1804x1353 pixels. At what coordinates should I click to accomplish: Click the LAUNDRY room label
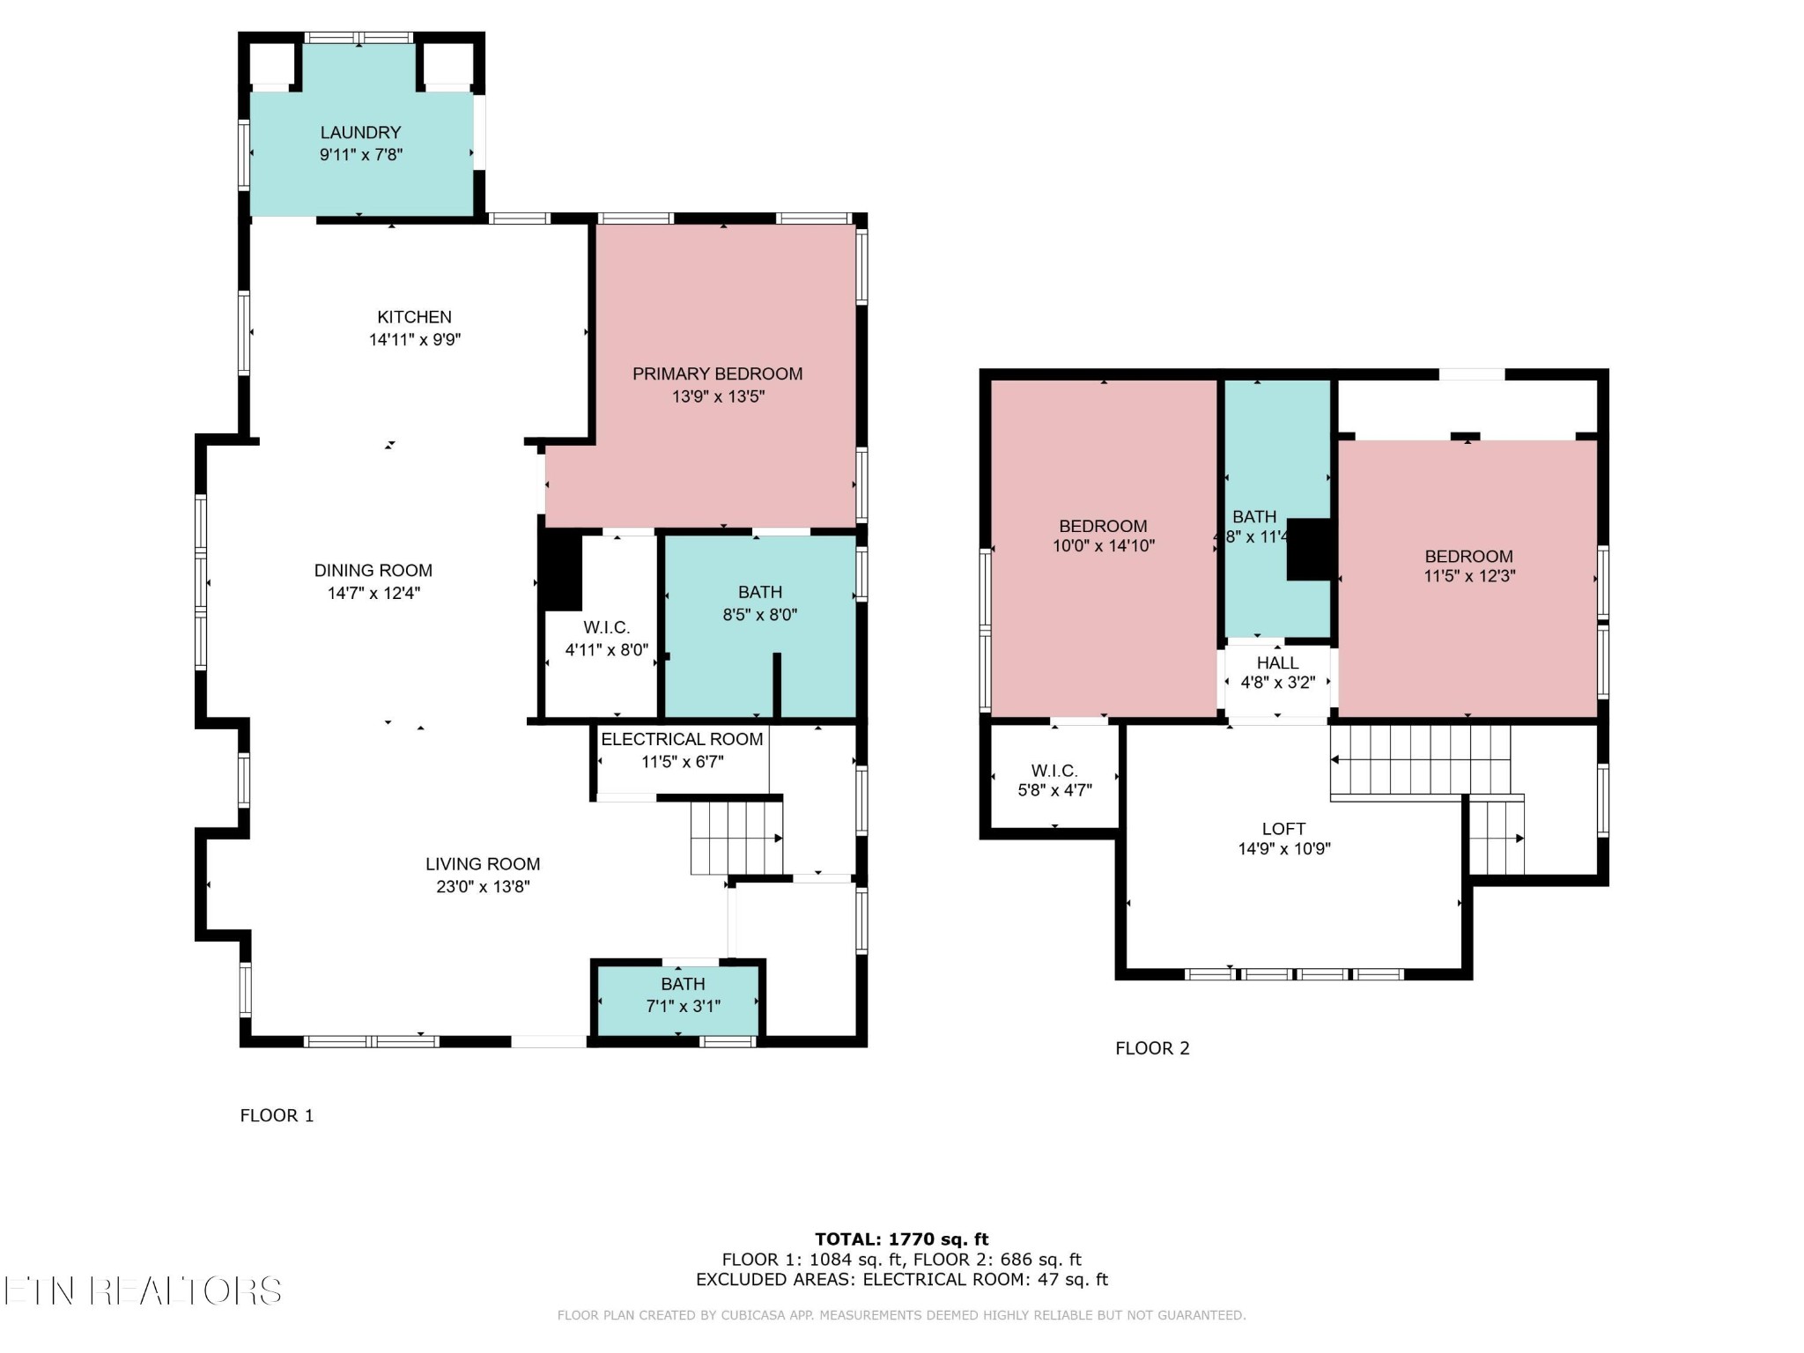pos(360,133)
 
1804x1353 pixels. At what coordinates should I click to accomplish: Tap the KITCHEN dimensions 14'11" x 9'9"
pos(415,340)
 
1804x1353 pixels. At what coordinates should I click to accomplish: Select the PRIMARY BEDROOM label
pos(718,374)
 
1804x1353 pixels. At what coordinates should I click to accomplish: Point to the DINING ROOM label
pos(373,571)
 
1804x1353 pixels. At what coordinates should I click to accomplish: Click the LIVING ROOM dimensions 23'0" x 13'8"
pos(483,887)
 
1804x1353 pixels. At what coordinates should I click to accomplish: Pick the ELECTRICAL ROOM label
pos(682,740)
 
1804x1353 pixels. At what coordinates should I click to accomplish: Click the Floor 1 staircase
pos(736,837)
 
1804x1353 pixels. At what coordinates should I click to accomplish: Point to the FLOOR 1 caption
pos(277,1116)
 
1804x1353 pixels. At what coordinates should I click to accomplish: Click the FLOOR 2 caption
pos(1152,1048)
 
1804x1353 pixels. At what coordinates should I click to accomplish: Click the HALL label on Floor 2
pos(1277,663)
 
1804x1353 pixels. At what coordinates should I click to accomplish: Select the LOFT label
pos(1283,829)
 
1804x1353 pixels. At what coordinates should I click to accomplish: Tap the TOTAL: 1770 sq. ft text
pos(902,1239)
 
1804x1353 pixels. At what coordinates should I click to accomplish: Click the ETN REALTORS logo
pos(143,1291)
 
